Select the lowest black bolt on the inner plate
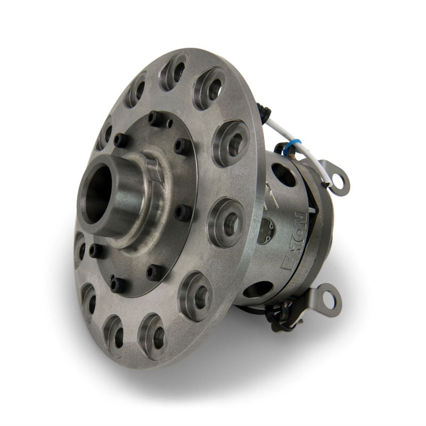pos(117,285)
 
